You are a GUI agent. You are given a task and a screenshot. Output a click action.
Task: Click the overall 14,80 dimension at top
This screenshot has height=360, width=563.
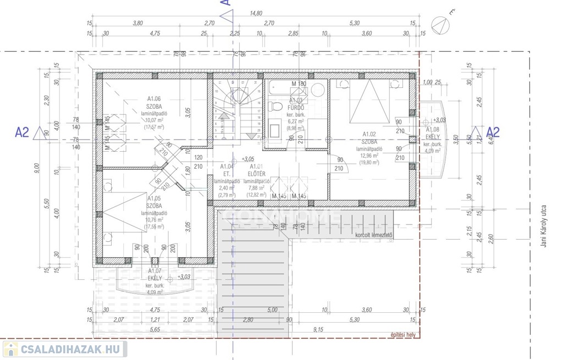tap(256, 13)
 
